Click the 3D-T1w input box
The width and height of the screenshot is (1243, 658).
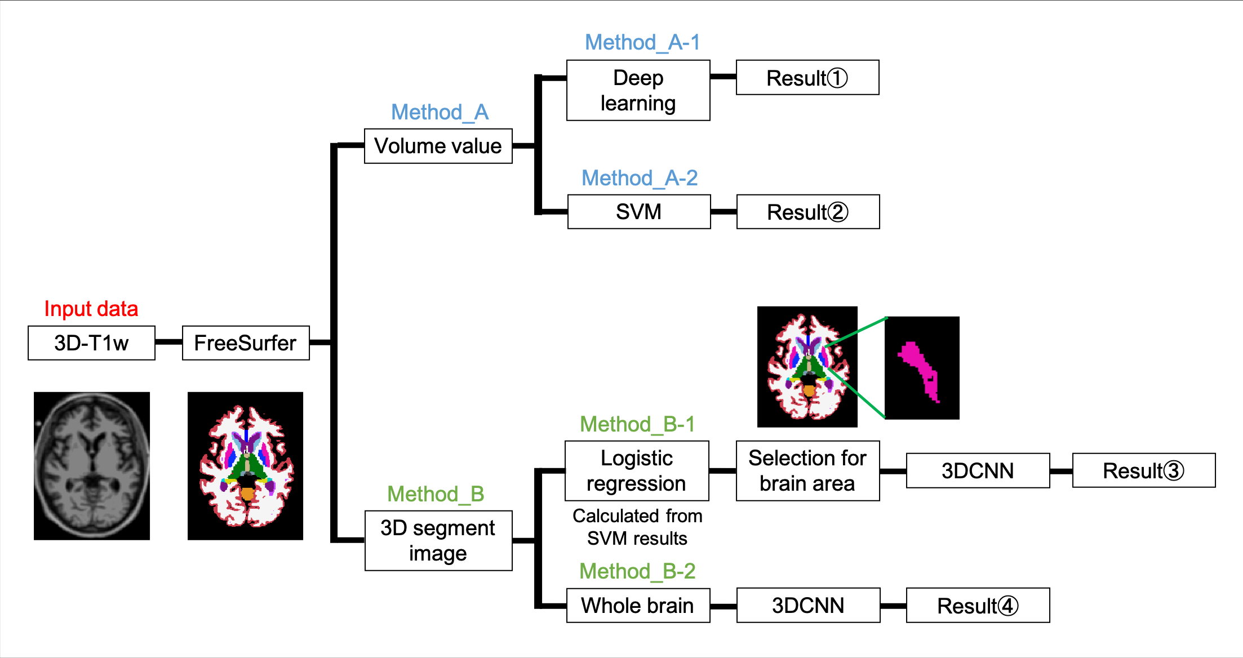(x=91, y=343)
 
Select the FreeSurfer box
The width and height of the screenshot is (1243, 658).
(x=246, y=343)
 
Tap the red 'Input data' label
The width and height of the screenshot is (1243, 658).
(x=91, y=309)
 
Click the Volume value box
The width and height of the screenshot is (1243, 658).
(x=438, y=146)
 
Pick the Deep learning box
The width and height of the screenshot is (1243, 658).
(x=638, y=90)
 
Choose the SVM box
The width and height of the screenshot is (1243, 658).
(x=639, y=212)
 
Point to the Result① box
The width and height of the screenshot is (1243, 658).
(x=807, y=78)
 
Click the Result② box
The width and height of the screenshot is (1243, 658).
(x=807, y=212)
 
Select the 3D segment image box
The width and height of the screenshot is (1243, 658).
(x=438, y=540)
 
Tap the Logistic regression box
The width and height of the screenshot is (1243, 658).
(x=637, y=470)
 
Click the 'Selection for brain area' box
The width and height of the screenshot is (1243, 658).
(x=807, y=470)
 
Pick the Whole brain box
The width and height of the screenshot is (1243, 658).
(x=638, y=605)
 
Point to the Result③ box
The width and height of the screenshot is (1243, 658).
(x=1143, y=470)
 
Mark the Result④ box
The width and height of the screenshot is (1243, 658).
(x=978, y=605)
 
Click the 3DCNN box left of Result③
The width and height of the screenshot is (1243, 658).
(x=978, y=470)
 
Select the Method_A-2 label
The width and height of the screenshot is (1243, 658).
(x=640, y=178)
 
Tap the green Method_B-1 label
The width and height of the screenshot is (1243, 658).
(x=637, y=424)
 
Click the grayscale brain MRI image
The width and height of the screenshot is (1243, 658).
(x=92, y=466)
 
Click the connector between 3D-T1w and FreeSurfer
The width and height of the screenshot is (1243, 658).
(x=168, y=342)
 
